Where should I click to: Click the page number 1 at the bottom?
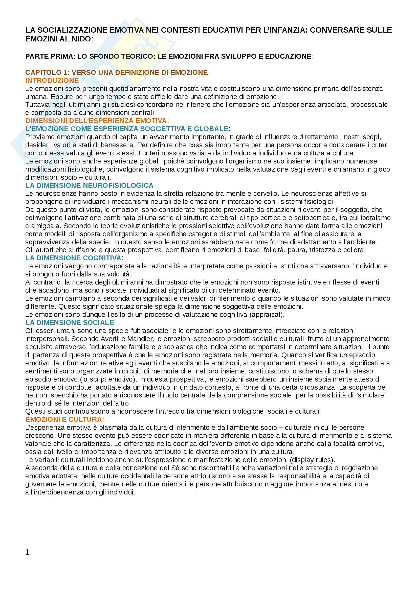tap(27, 552)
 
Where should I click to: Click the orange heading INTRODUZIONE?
tap(52, 81)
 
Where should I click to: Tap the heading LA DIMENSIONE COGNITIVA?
tap(73, 258)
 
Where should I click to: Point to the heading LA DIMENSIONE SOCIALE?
tap(70, 322)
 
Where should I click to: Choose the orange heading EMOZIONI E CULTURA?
tap(64, 419)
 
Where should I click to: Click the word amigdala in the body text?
tap(45, 226)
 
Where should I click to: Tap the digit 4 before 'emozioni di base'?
tap(204, 250)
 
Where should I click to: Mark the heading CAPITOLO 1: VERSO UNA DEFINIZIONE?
tap(116, 73)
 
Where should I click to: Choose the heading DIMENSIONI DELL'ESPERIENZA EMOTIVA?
tap(96, 121)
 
